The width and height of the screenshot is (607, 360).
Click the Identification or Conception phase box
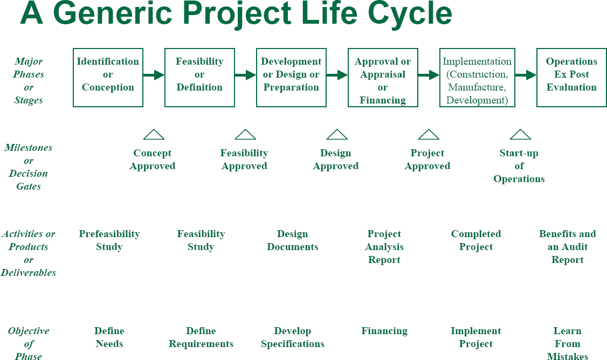pos(108,77)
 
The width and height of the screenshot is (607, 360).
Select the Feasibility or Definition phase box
pos(199,77)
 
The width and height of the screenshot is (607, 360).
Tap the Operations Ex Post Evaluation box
pos(571,77)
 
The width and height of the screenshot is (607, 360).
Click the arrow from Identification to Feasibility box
pos(154,75)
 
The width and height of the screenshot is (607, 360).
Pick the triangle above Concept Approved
pos(154,135)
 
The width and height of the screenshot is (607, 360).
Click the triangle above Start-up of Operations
pos(520,135)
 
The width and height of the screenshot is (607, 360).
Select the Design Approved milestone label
pos(336,160)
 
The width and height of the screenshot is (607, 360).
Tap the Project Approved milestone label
pos(427,160)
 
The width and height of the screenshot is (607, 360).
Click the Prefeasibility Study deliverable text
pos(109,240)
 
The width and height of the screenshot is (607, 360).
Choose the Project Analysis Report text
pos(384,247)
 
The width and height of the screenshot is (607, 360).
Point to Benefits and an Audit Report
pos(568,247)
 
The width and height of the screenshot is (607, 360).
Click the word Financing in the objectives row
pos(384,331)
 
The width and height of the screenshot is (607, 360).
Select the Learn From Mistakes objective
pos(568,343)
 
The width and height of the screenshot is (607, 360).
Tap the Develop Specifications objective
pos(293,337)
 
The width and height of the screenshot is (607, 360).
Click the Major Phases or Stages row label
pos(29,81)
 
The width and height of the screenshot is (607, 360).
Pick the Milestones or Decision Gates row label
pos(28,167)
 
